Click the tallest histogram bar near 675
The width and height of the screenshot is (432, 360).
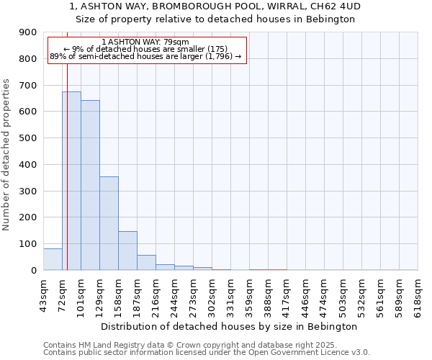71,181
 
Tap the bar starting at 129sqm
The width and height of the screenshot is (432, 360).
109,223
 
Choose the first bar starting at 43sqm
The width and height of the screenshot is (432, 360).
53,259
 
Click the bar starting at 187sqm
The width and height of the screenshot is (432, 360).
146,263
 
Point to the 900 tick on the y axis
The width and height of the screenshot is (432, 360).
27,32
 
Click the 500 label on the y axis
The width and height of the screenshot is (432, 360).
27,138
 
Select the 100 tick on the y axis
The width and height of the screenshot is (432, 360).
27,244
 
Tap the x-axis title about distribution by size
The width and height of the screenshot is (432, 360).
230,326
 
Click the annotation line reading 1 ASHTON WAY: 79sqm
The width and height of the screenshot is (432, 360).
145,42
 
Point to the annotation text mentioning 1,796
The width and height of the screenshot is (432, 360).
145,56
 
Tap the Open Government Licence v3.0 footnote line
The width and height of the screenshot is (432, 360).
207,352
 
